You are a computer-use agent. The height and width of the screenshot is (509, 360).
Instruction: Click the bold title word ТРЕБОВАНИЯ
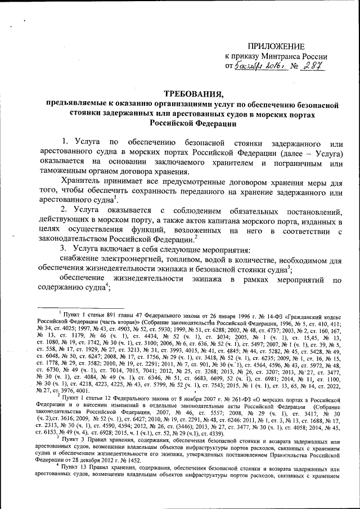click(x=191, y=93)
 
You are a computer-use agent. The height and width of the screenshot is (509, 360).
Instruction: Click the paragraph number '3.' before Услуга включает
click(x=65, y=249)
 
